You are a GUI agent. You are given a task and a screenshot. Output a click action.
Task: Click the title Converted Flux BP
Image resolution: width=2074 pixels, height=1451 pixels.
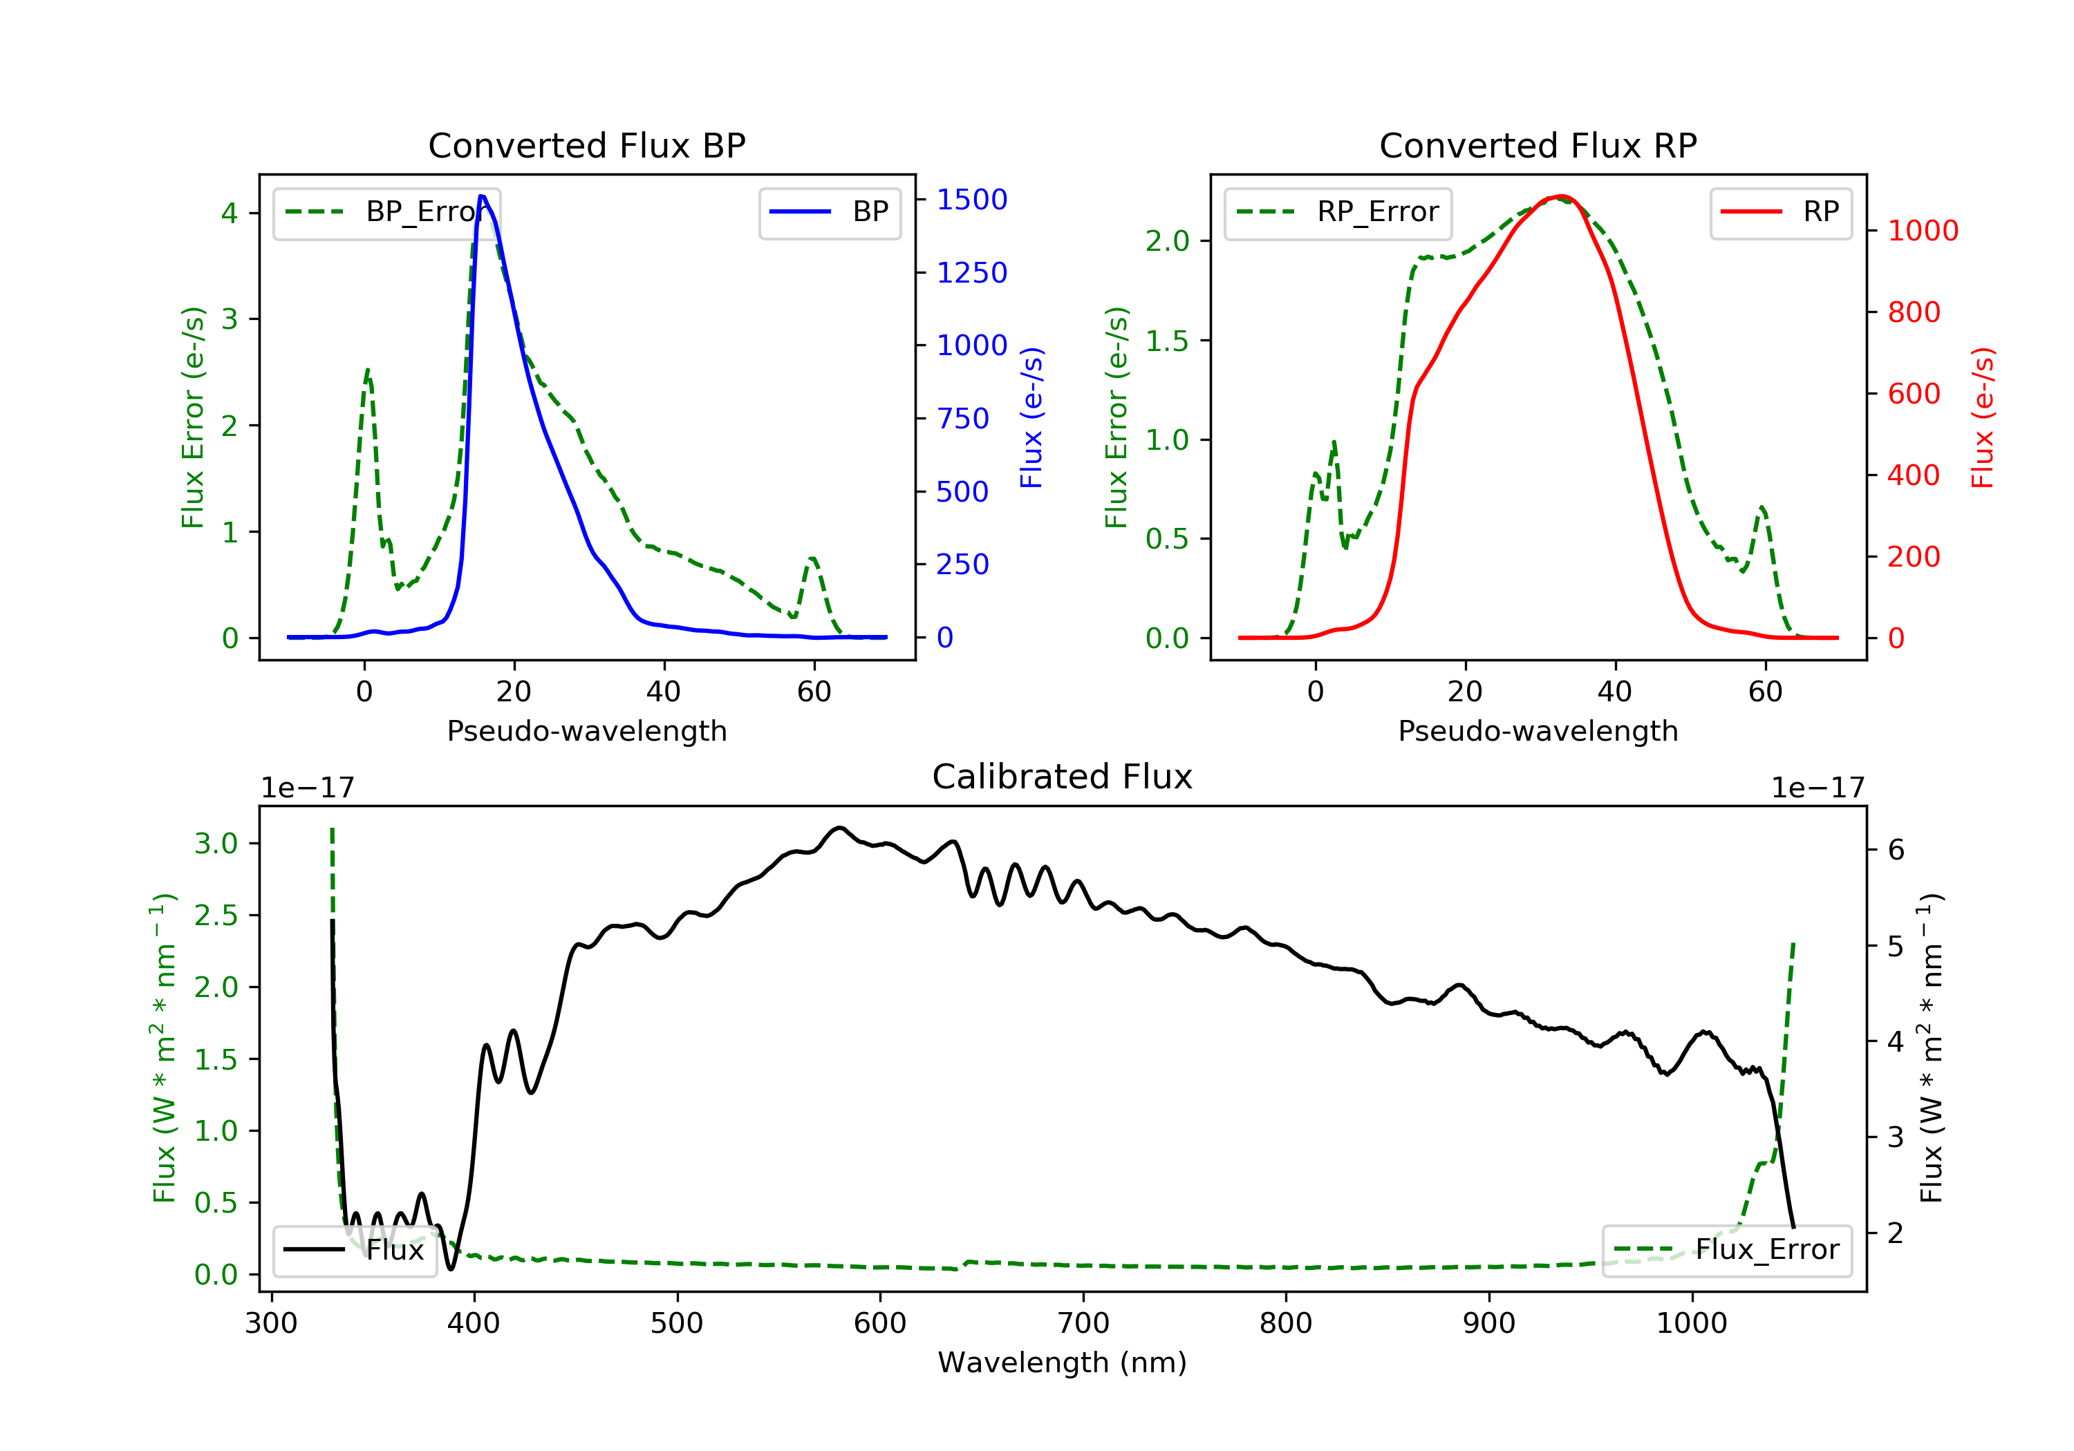tap(586, 145)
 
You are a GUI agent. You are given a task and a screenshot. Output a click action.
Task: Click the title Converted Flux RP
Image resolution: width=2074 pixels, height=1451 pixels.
tap(1538, 145)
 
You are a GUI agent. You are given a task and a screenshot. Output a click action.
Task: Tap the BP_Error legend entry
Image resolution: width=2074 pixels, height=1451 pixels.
tap(386, 212)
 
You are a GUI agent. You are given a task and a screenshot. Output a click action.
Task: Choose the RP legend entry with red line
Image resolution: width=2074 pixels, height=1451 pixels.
tap(1780, 212)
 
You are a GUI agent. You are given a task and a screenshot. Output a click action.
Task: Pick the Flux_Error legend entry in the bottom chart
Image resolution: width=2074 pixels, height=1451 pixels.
tap(1726, 1250)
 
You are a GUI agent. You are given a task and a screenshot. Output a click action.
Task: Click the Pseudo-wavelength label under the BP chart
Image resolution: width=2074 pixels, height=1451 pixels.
tap(586, 730)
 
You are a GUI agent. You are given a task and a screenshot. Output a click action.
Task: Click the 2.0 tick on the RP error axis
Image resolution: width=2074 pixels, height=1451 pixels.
tap(1167, 241)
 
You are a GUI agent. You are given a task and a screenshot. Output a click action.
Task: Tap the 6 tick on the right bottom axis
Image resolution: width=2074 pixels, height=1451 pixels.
tap(1896, 850)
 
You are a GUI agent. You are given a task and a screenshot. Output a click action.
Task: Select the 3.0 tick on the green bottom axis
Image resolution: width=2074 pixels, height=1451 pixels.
tap(216, 844)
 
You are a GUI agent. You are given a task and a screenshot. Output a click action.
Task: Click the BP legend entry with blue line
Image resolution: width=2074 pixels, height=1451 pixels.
tap(829, 212)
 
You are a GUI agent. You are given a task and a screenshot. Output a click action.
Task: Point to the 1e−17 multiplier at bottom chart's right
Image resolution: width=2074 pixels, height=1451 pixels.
tap(1817, 788)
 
